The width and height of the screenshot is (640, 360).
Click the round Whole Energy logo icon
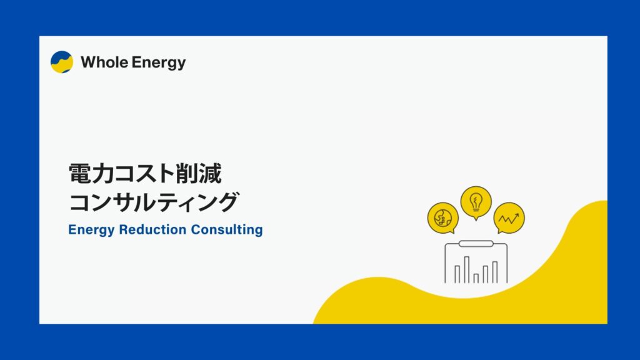(62, 62)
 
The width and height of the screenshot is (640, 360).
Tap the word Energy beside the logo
(159, 63)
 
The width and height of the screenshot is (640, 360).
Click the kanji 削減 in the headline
(199, 174)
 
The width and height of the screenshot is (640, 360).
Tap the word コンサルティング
(154, 202)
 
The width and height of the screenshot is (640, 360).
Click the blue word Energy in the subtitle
(91, 230)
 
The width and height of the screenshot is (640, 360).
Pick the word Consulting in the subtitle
(227, 230)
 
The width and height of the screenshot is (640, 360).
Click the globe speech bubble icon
(443, 218)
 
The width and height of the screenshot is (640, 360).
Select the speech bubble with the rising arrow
(509, 218)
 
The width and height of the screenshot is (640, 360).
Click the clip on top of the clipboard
(476, 244)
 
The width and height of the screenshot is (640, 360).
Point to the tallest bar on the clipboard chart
(466, 270)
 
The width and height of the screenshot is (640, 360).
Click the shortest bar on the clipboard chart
(476, 278)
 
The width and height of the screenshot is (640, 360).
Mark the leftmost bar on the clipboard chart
(457, 274)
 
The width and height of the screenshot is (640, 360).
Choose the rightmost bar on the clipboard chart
(495, 272)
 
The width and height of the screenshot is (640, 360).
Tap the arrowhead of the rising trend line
(517, 215)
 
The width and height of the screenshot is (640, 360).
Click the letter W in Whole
(88, 62)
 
